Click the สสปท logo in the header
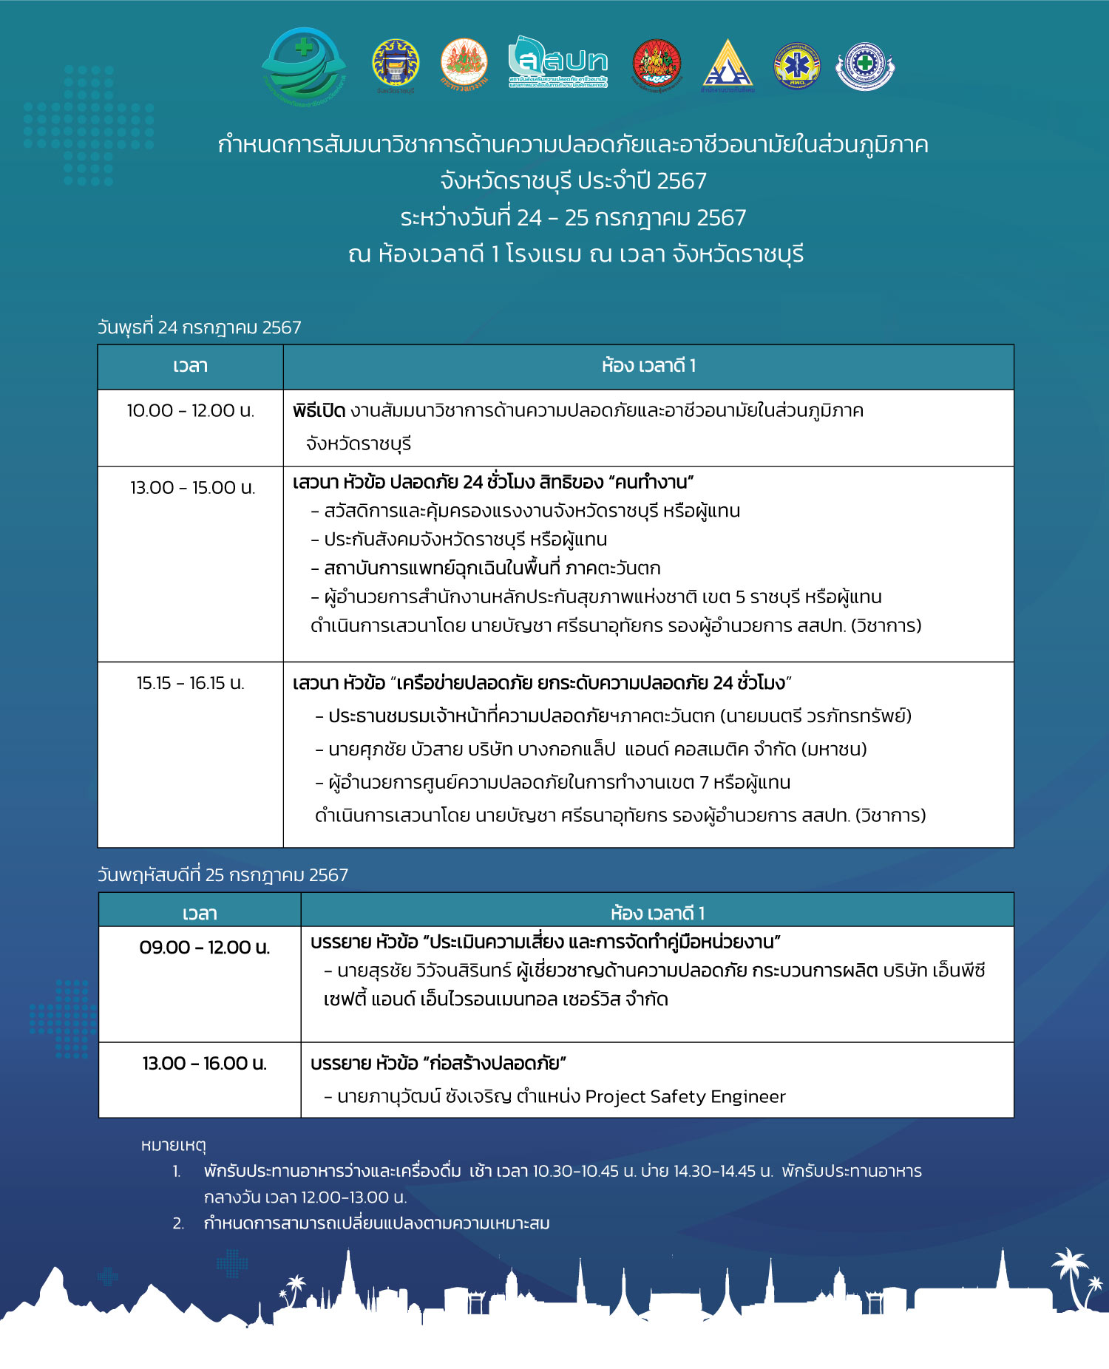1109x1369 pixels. [x=558, y=62]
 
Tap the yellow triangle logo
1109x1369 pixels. [x=728, y=65]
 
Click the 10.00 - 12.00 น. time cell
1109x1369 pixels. [x=190, y=410]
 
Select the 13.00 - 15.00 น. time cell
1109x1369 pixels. [x=192, y=488]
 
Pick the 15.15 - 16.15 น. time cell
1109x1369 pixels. [x=190, y=683]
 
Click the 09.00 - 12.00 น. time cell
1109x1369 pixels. [x=205, y=948]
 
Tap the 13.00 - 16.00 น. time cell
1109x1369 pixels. [x=205, y=1064]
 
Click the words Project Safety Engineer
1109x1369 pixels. [x=685, y=1096]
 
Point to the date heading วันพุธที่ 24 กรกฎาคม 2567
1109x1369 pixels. [x=200, y=327]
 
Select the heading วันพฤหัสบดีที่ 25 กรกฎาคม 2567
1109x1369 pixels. [x=223, y=875]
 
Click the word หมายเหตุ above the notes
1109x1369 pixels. [x=173, y=1145]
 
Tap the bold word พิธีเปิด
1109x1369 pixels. [x=319, y=410]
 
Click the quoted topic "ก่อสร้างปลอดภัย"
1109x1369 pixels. [x=495, y=1064]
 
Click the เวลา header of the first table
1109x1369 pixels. [x=190, y=366]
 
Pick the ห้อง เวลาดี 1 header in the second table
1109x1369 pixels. [x=657, y=914]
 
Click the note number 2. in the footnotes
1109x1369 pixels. [x=178, y=1223]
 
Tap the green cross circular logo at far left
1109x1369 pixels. [x=304, y=65]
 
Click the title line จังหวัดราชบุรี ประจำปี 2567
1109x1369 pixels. [x=573, y=181]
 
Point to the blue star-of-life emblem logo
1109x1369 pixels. [x=796, y=65]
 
